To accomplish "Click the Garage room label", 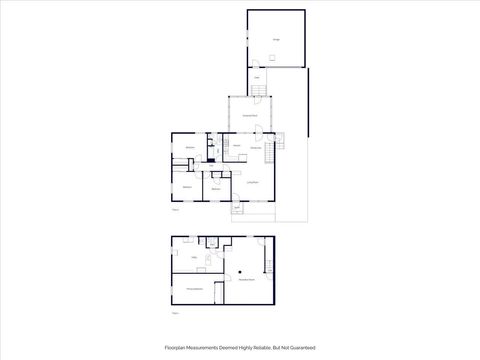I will tap(276, 40).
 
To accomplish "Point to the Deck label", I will tap(257, 77).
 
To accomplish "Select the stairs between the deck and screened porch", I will tap(258, 93).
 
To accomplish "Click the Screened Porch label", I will tap(250, 117).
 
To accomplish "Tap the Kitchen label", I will tap(237, 148).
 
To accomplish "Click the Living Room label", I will tap(252, 182).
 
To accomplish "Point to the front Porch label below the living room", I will tap(237, 207).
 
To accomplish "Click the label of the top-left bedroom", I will tap(190, 148).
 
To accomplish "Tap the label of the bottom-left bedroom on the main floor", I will tap(186, 187).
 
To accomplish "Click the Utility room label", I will tap(194, 257).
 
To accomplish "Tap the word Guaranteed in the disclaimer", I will tap(302, 347).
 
